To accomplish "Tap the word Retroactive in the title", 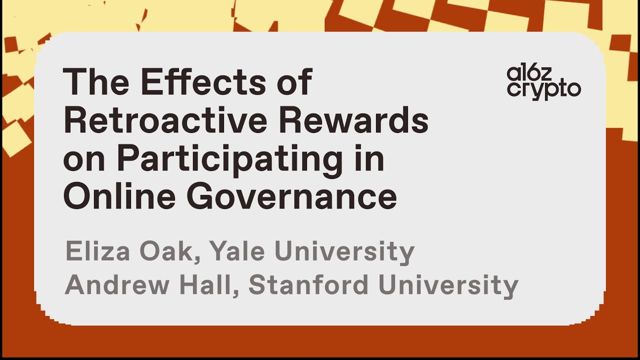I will click(x=165, y=121).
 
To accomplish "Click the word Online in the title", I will click(x=120, y=197).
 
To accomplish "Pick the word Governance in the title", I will click(x=292, y=197).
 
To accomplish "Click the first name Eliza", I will click(x=97, y=252).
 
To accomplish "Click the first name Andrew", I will click(x=117, y=285).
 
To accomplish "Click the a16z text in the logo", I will click(x=529, y=74).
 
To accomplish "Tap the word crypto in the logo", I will click(x=544, y=90).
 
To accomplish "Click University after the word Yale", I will click(x=344, y=252).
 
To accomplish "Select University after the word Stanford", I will click(x=446, y=285).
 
